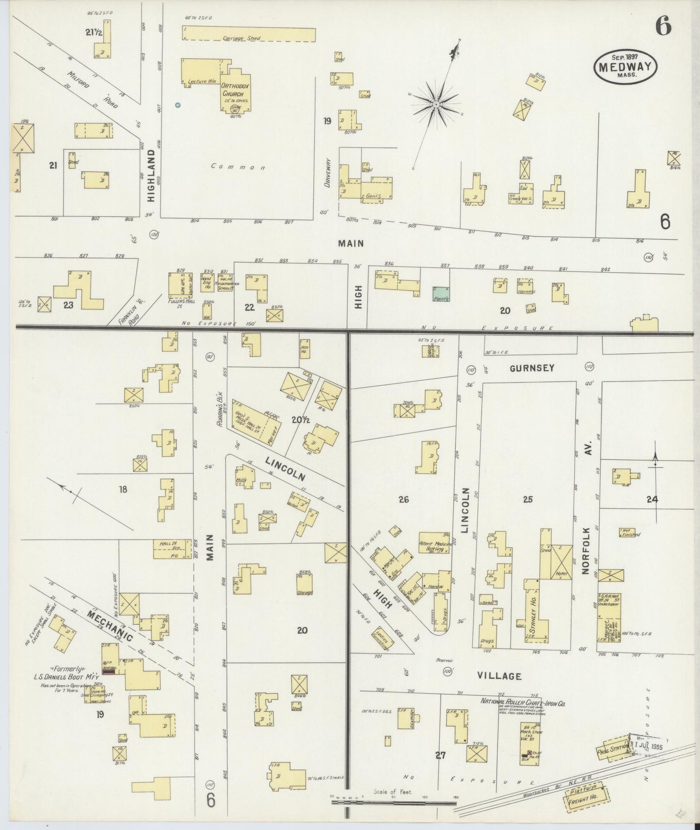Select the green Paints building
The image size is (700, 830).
tap(441, 293)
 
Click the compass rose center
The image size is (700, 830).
tap(436, 104)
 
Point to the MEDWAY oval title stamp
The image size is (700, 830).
tap(625, 67)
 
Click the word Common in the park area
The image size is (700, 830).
tap(237, 168)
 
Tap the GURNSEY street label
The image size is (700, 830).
tap(531, 368)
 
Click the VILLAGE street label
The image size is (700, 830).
tap(499, 676)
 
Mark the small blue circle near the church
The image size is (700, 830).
tap(178, 105)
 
